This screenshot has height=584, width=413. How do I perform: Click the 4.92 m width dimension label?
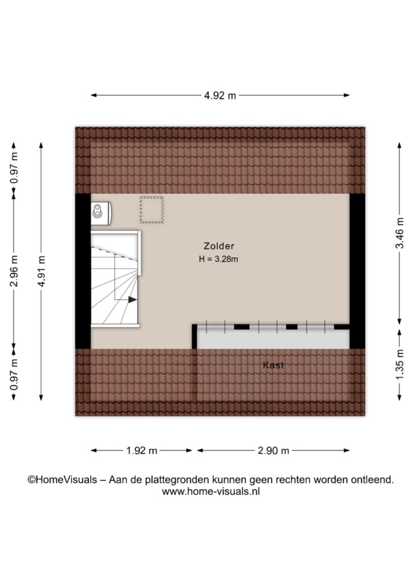pos(220,96)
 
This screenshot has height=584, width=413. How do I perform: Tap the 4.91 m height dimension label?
pos(41,271)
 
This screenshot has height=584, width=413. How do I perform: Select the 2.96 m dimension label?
pos(14,271)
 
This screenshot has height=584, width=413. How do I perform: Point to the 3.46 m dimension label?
pos(399,233)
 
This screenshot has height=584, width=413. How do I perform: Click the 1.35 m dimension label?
pos(399,364)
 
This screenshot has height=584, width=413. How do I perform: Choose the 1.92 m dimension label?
pos(141,451)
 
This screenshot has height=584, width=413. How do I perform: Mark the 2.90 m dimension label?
pos(273,451)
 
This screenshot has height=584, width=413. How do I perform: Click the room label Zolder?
pos(219,246)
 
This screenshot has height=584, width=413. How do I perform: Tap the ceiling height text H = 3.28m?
pos(218,259)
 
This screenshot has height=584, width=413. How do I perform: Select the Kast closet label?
pos(273,365)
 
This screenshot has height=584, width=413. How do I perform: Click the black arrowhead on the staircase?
pos(132,299)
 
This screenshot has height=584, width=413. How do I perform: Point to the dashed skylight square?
pos(152,210)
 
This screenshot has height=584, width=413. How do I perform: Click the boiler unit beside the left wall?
pos(100,213)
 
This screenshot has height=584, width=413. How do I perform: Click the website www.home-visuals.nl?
pos(211,491)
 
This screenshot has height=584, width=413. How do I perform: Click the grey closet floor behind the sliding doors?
pos(273,339)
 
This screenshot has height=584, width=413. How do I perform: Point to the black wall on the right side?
pos(357,271)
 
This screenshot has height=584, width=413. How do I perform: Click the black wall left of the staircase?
pos(83,271)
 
